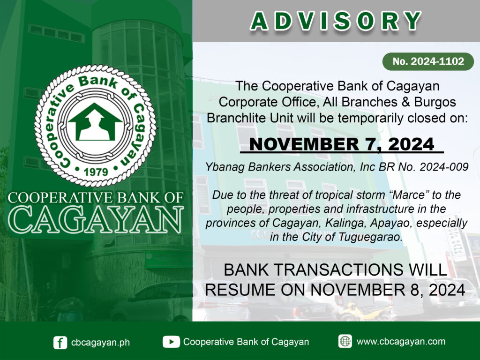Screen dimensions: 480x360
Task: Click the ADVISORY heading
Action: (x=336, y=22)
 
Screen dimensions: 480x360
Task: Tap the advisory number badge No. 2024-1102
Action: (x=428, y=61)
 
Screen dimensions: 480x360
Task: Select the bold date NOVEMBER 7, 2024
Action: (x=342, y=144)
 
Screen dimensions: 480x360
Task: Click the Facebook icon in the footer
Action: (x=60, y=342)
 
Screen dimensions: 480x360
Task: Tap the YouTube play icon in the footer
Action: (x=171, y=342)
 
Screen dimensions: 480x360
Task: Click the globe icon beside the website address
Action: (x=345, y=341)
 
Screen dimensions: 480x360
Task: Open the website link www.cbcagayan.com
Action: (x=401, y=341)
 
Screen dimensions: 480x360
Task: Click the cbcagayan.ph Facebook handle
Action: (x=100, y=342)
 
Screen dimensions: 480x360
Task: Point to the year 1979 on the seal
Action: (x=96, y=172)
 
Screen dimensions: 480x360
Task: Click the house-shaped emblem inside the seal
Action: (x=95, y=122)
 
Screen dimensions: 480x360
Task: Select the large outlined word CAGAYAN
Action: (x=96, y=219)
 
